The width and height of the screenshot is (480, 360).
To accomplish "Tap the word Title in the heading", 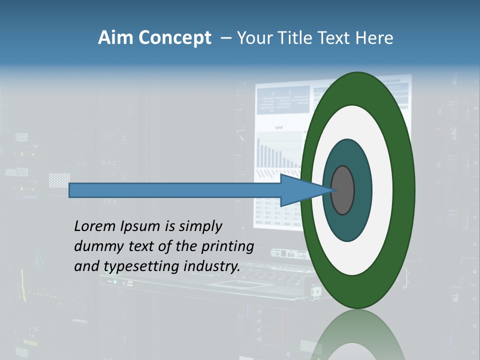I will coord(297,38).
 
